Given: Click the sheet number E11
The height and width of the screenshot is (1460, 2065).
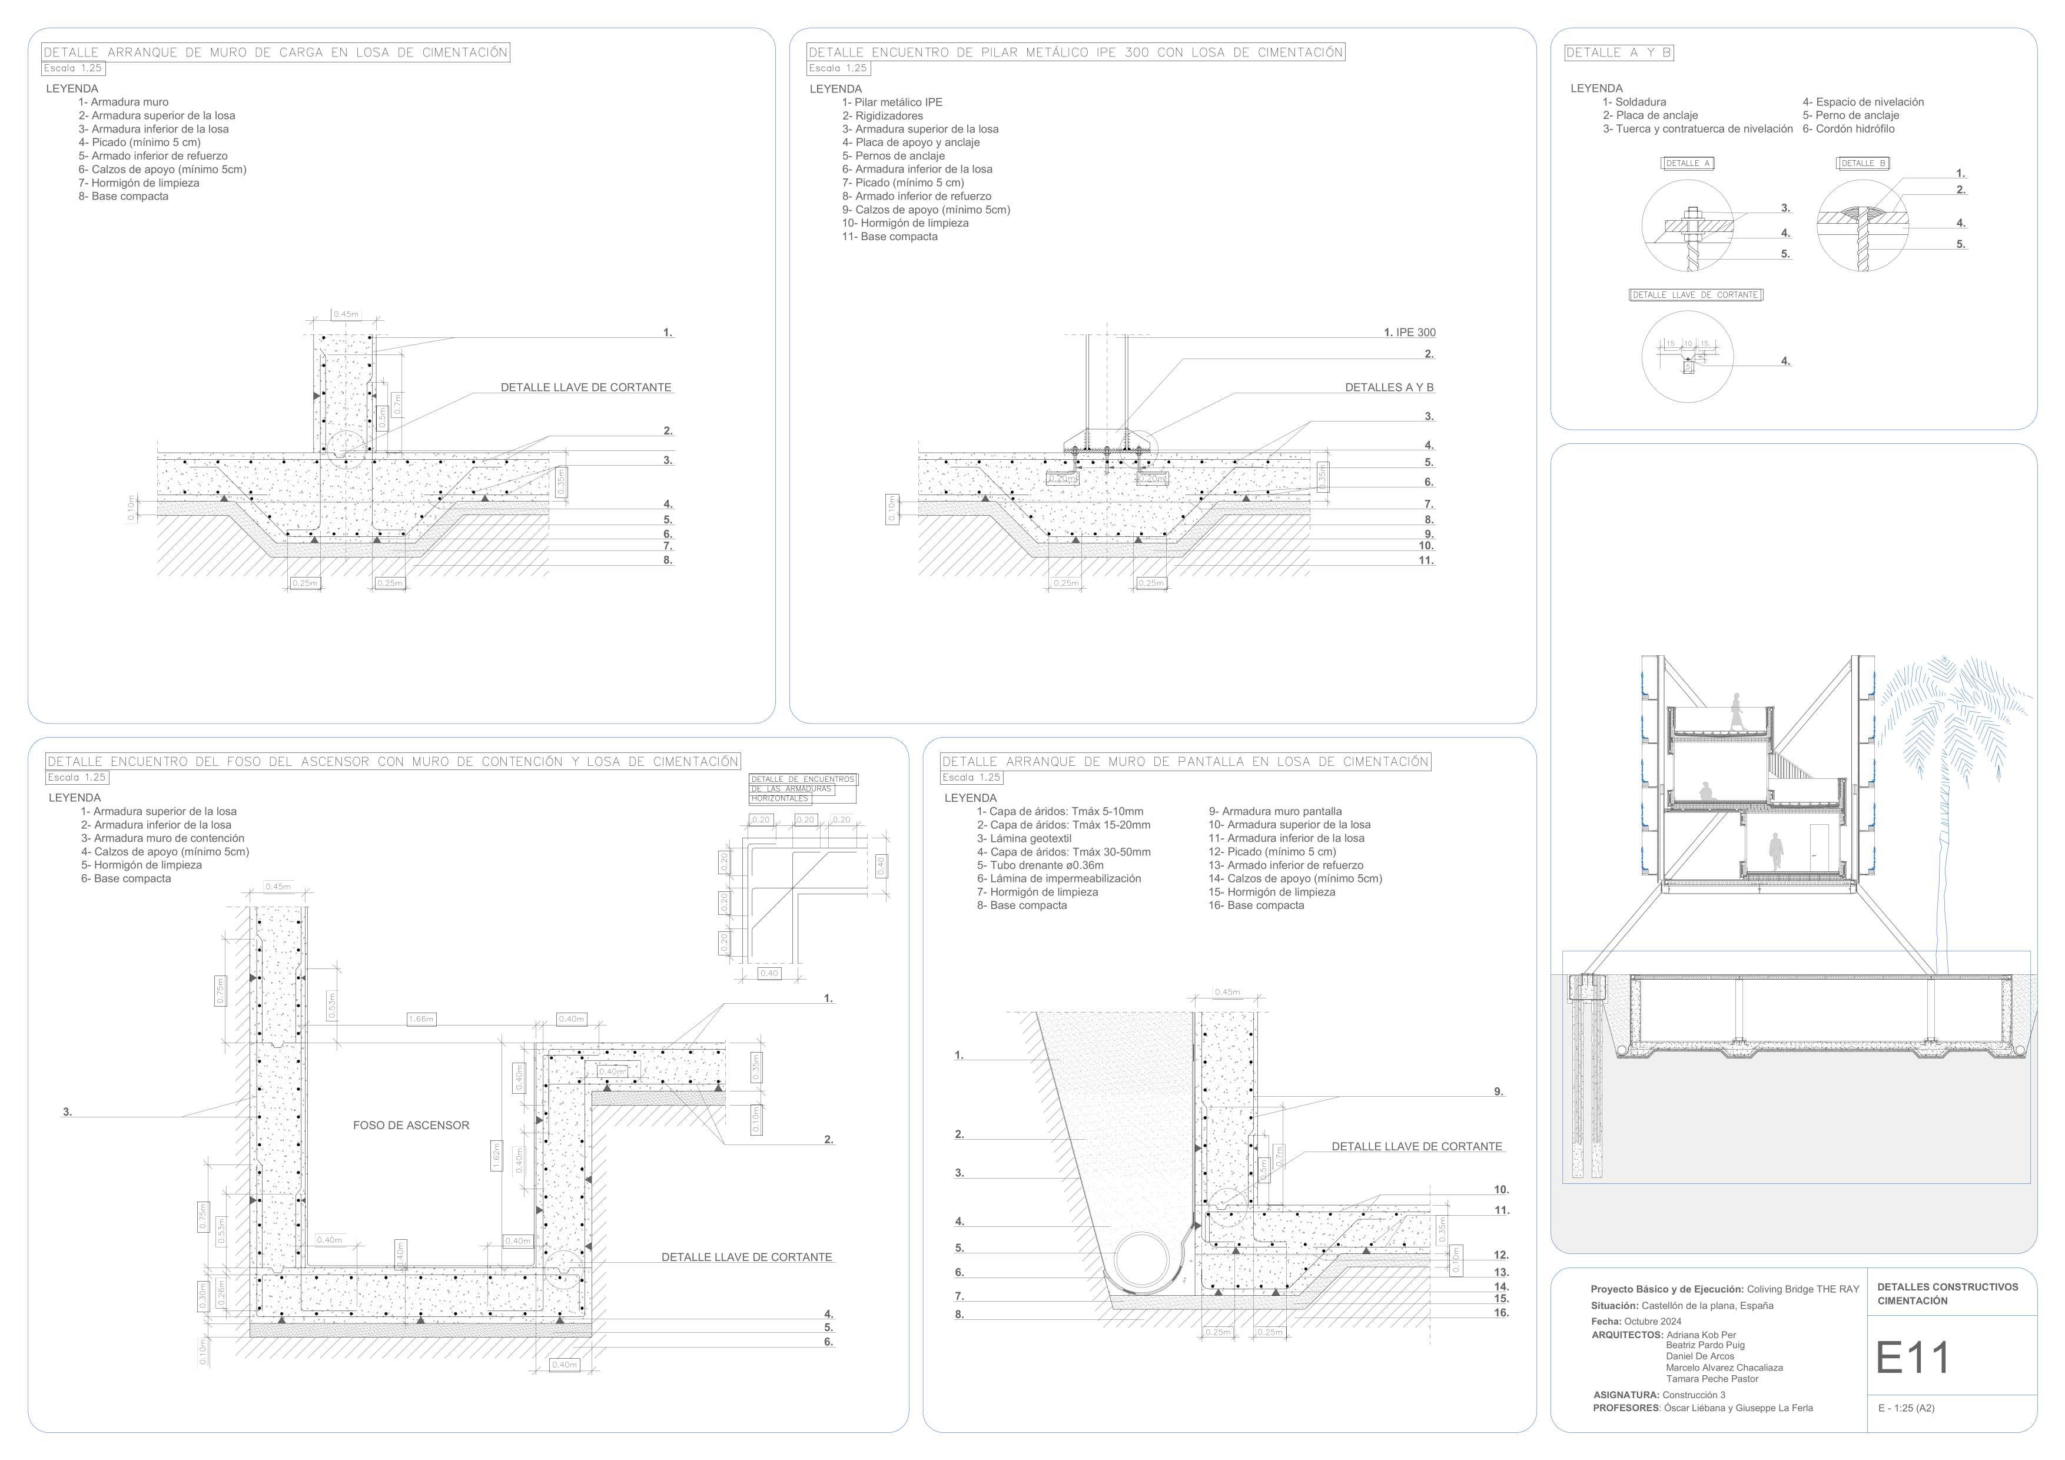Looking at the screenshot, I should pyautogui.click(x=1912, y=1358).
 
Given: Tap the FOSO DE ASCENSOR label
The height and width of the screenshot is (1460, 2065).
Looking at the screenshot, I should pyautogui.click(x=411, y=1126).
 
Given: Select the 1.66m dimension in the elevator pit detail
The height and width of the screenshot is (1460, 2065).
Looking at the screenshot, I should pyautogui.click(x=421, y=1019).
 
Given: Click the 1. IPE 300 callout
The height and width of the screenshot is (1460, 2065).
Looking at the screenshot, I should pyautogui.click(x=1409, y=333).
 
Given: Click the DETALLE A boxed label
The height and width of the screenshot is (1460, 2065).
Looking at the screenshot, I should pyautogui.click(x=1687, y=164).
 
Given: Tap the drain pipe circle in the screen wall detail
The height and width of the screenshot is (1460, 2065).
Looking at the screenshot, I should pyautogui.click(x=1147, y=1262).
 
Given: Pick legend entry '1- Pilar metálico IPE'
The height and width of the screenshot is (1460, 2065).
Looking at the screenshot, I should pyautogui.click(x=892, y=102).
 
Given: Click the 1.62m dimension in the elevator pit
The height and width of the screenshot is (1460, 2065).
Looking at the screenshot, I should pyautogui.click(x=496, y=1156).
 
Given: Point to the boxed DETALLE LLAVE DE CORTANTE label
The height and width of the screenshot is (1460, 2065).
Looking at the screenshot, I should pyautogui.click(x=1695, y=295).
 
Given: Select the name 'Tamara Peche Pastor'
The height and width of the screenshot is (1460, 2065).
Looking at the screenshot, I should pyautogui.click(x=1712, y=1379).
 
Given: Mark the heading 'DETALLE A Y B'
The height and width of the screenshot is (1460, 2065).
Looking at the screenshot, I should pyautogui.click(x=1618, y=53).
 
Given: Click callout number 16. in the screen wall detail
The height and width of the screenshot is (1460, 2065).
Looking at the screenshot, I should pyautogui.click(x=1501, y=1313).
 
